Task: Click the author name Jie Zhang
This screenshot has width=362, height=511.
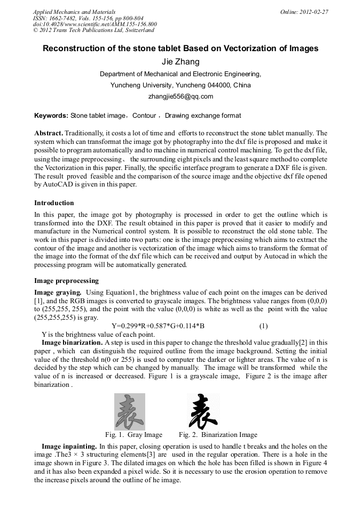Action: click(180, 62)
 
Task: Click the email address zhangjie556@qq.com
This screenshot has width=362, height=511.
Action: click(180, 96)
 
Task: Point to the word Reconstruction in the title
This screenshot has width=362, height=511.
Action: click(73, 48)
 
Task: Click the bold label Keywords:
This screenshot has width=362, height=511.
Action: click(51, 116)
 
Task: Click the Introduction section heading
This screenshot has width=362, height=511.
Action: click(54, 203)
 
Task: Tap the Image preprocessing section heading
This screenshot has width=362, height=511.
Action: click(66, 281)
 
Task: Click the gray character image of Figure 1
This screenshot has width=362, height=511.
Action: click(129, 411)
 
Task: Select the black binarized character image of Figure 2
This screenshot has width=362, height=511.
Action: click(203, 411)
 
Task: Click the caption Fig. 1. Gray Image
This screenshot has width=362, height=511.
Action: click(133, 435)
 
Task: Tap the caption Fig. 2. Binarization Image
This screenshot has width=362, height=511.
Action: click(218, 435)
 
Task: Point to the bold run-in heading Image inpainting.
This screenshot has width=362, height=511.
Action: click(69, 446)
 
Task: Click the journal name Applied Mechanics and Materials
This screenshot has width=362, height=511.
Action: click(74, 12)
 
